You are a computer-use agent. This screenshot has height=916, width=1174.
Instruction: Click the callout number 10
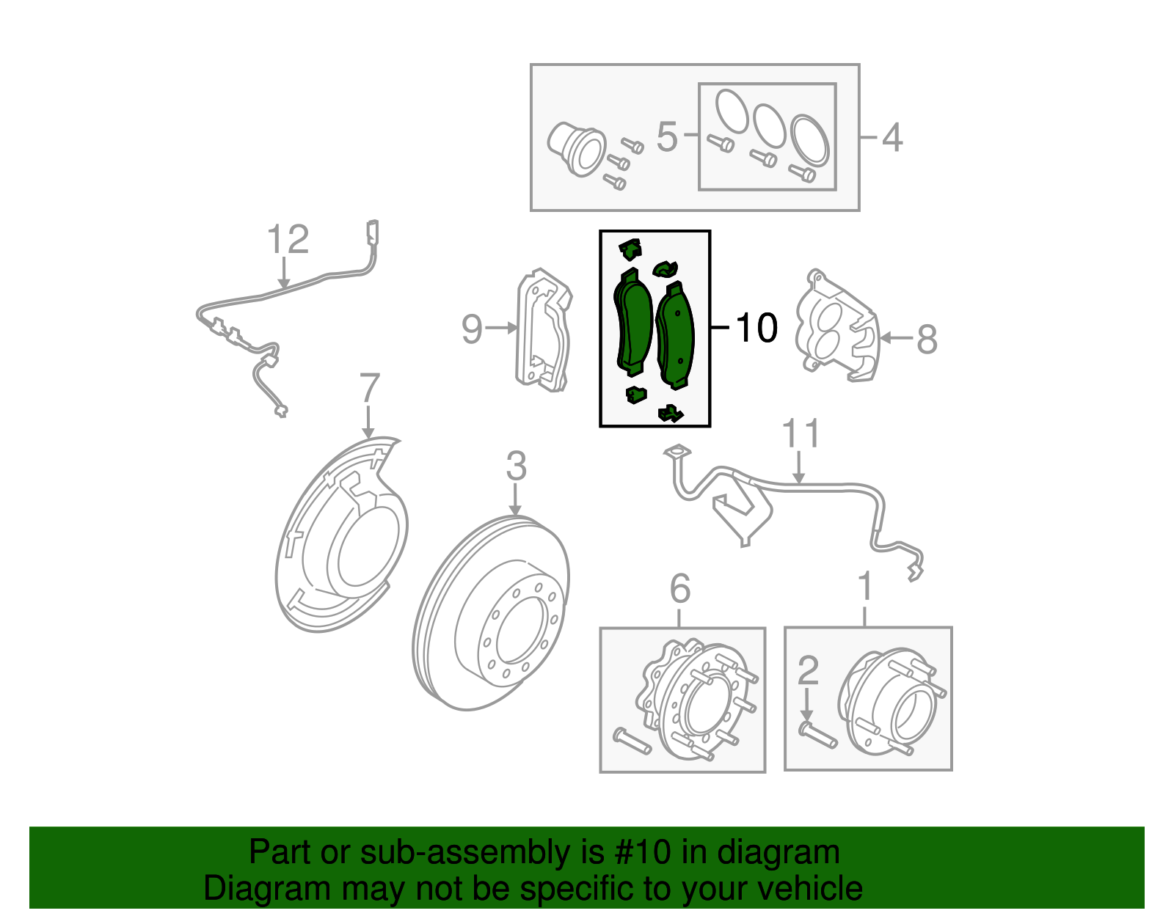[756, 328]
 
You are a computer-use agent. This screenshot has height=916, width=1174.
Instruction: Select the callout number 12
[288, 240]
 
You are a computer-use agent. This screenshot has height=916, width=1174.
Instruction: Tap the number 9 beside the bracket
[472, 329]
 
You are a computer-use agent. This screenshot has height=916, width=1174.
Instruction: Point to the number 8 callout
[927, 340]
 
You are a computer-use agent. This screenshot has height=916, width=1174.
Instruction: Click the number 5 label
[666, 137]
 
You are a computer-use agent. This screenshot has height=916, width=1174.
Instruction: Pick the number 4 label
[892, 137]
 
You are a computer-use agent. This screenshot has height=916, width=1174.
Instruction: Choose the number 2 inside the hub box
[807, 670]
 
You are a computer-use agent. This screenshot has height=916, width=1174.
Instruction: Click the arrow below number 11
[799, 469]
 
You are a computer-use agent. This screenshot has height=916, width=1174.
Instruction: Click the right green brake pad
[676, 336]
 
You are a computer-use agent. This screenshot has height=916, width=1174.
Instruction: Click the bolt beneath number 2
[817, 736]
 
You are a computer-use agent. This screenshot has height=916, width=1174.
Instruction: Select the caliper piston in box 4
[576, 148]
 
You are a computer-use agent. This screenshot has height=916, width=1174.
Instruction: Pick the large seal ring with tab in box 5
[810, 139]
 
